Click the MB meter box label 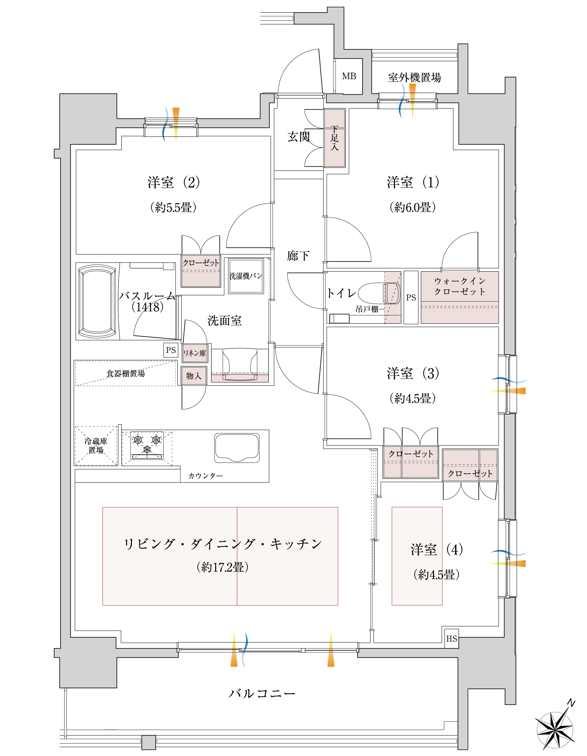349,76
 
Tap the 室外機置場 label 415,77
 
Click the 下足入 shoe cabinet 335,138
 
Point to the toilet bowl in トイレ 379,293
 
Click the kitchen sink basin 237,448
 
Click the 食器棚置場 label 125,374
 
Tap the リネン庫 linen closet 195,353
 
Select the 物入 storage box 194,376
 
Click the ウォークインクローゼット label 460,286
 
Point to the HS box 452,639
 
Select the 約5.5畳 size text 173,207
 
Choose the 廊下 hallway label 298,256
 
